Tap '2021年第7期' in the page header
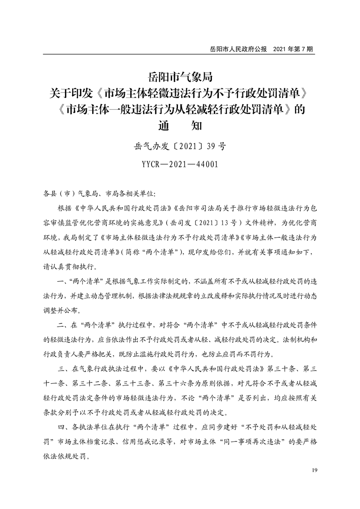(293, 49)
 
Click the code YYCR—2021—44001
(180, 164)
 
